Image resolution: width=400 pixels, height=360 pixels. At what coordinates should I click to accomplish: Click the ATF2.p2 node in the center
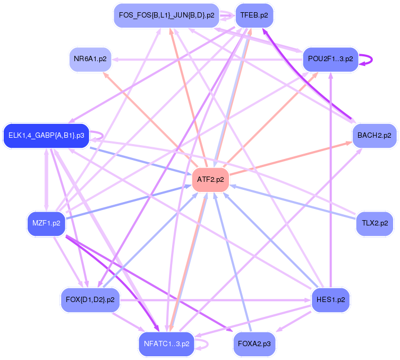tap(210, 180)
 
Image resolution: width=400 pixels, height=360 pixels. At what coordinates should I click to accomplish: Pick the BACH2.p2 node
tap(374, 136)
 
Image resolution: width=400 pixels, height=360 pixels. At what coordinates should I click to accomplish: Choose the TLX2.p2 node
tap(375, 223)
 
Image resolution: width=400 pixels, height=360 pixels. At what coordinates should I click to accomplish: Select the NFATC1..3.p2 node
tap(167, 344)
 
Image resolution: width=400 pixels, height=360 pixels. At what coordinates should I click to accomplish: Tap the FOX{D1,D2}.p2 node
tap(90, 300)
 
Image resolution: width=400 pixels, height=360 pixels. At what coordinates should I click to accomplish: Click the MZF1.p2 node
tap(46, 223)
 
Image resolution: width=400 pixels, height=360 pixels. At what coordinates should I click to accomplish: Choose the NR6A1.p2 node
tap(90, 59)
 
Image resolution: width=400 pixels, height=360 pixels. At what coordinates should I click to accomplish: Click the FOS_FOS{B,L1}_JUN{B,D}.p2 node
tap(166, 15)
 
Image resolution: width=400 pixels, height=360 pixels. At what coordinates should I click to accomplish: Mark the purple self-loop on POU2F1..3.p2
tap(367, 59)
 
